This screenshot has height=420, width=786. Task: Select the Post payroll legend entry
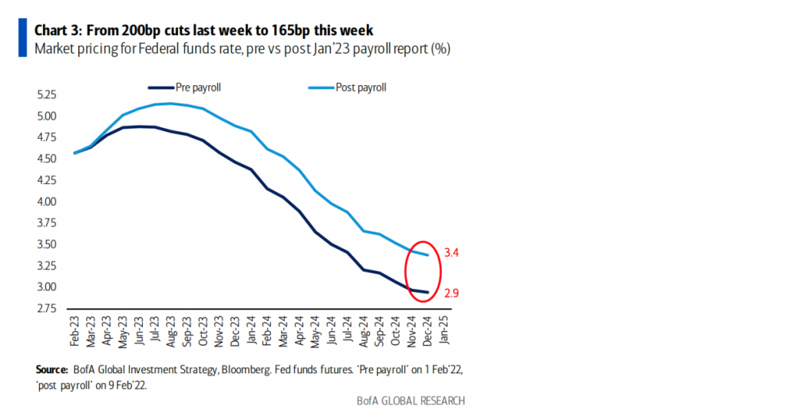point(360,87)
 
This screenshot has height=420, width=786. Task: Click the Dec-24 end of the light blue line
point(428,255)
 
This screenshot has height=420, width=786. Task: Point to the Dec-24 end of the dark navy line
point(428,292)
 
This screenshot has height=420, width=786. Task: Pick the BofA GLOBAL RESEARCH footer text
point(410,401)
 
